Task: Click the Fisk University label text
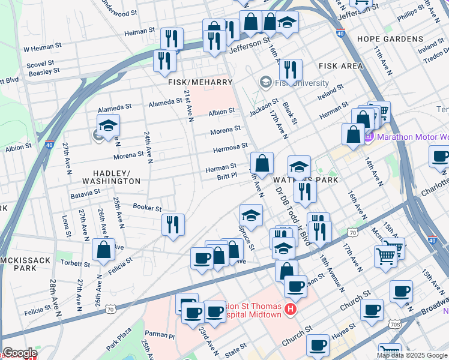(x=302, y=83)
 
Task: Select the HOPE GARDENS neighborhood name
(x=390, y=39)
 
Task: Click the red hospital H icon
(x=291, y=310)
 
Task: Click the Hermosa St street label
(x=231, y=146)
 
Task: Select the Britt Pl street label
(x=228, y=177)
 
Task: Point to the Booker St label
(x=147, y=208)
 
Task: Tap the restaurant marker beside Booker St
(x=173, y=225)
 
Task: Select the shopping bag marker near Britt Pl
(x=262, y=163)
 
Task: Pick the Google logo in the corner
(x=20, y=353)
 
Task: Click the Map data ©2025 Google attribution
(x=412, y=355)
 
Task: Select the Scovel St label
(x=40, y=62)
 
